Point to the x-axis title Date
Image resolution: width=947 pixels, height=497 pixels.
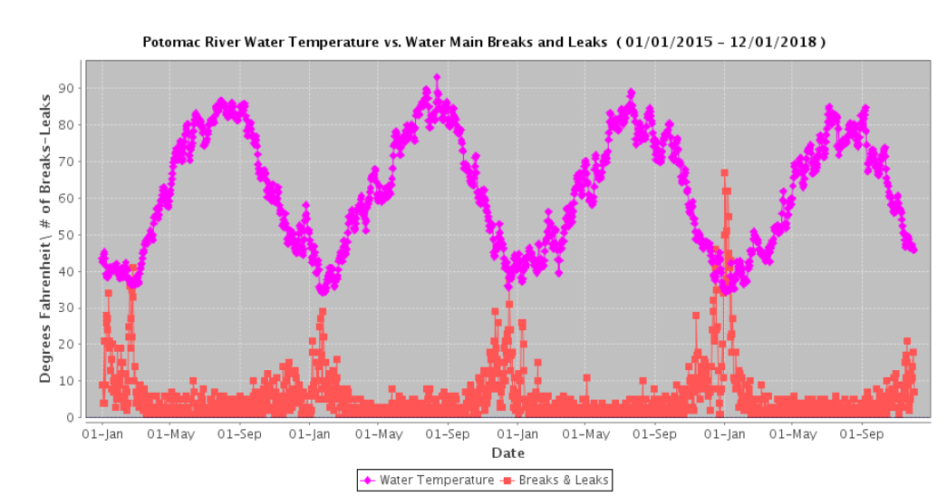click(x=507, y=453)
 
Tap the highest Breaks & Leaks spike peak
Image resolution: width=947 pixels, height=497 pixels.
click(x=724, y=172)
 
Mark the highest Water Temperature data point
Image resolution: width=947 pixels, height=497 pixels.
click(x=437, y=78)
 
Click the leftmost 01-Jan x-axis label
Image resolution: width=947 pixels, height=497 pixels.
click(x=102, y=434)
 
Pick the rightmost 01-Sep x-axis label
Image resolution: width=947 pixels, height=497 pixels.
click(x=867, y=434)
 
